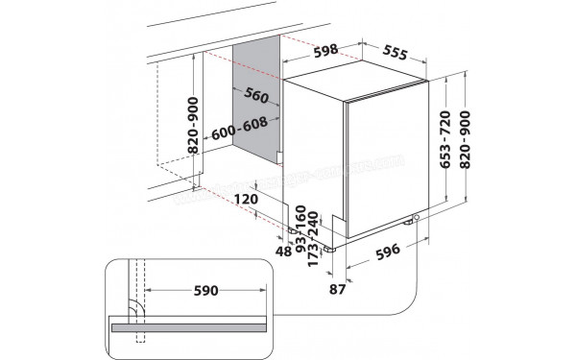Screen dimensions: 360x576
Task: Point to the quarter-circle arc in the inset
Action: click(134, 309)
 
